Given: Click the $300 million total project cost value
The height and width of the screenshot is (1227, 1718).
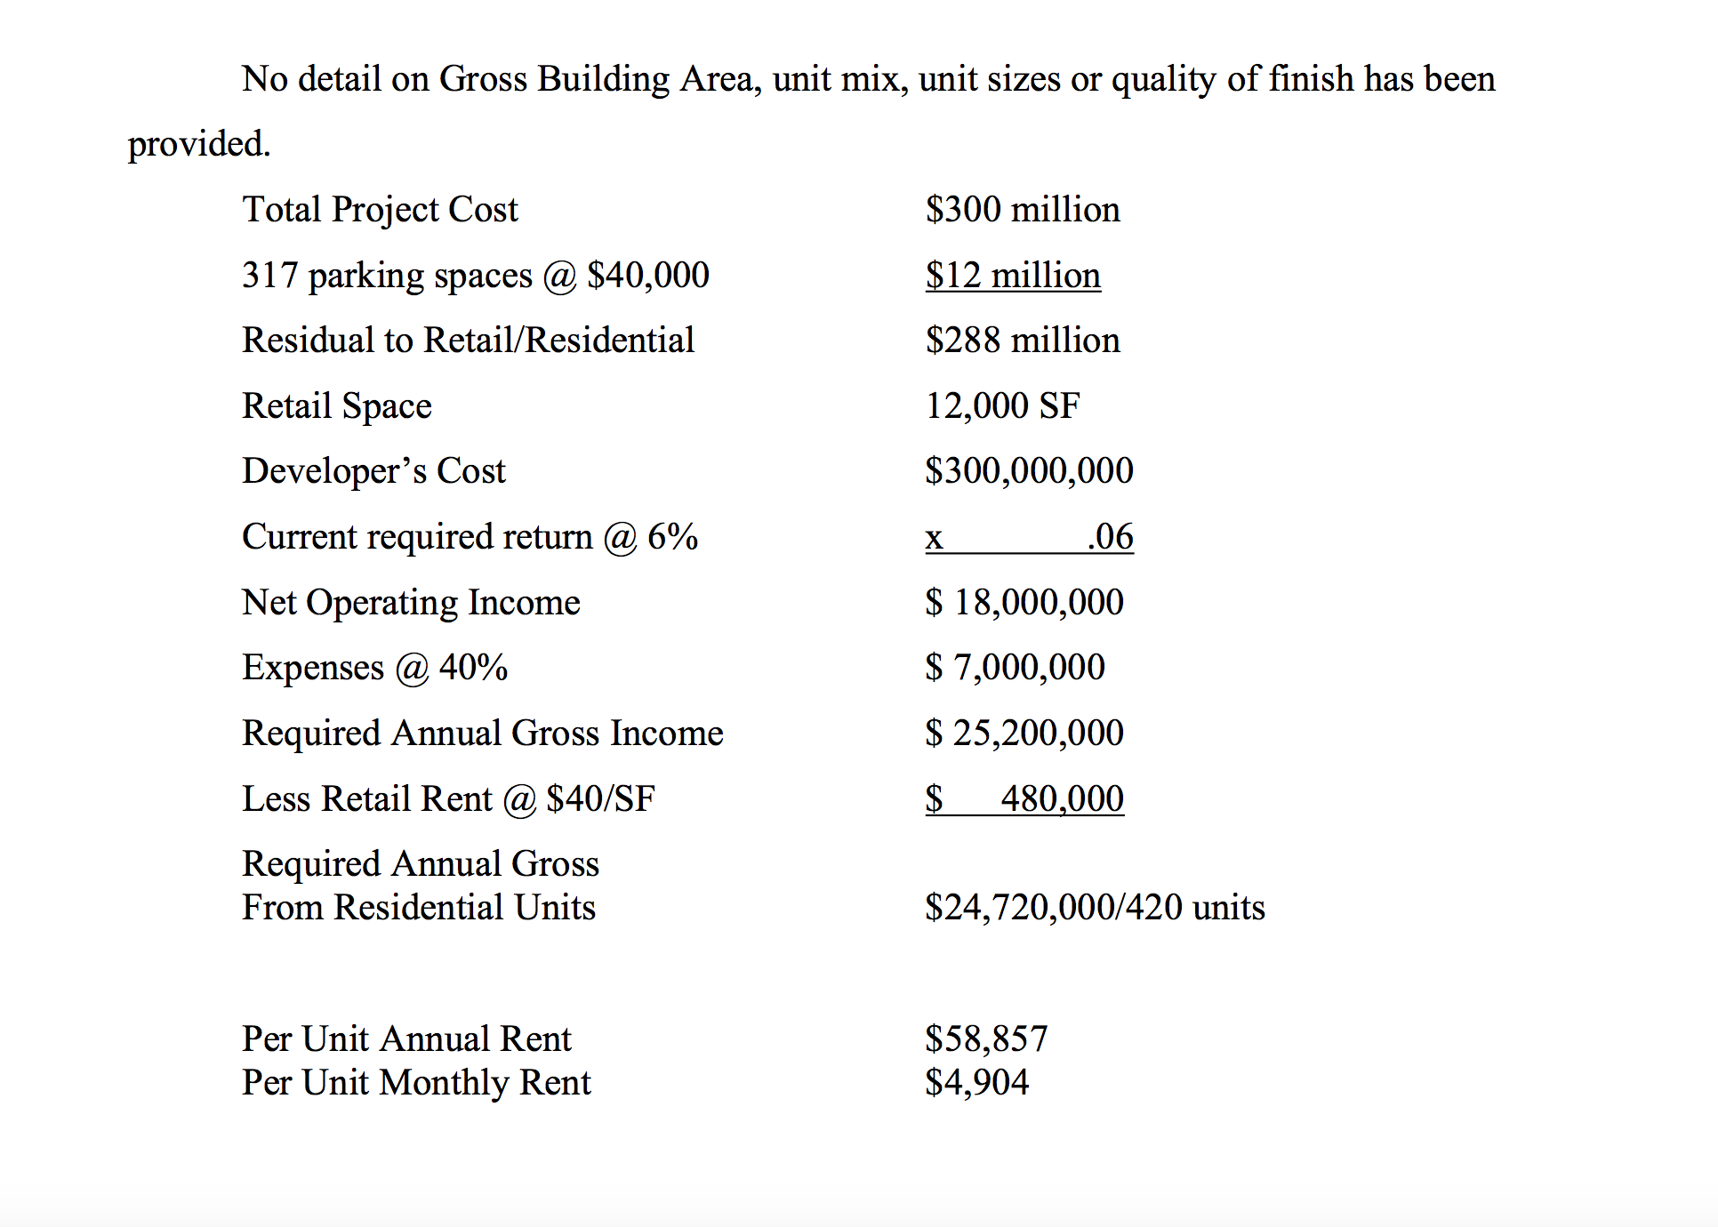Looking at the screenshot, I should pos(1022,210).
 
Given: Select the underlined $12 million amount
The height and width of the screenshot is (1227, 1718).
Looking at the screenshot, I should pos(1012,276).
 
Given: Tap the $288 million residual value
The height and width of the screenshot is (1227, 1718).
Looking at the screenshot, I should pos(1022,341).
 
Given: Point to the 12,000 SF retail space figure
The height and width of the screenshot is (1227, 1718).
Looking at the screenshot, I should pos(1002,406).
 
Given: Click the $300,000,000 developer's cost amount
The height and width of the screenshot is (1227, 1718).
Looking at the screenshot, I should pos(1029,471).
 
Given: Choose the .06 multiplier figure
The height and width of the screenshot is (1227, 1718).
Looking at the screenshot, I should pos(1110,537).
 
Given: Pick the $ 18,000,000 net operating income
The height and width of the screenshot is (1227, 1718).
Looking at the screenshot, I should pos(1024,603).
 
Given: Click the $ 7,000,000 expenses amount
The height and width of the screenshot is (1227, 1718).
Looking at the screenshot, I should pos(1015,668).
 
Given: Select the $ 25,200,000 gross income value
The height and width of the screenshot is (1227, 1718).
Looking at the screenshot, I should pos(1024,734).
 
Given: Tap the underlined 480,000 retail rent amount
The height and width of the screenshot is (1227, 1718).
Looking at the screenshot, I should pos(1061,799).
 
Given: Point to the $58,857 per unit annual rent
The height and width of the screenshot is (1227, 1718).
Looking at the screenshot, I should pos(986,1039).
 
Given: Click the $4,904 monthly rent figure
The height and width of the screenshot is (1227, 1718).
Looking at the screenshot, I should pos(976,1082).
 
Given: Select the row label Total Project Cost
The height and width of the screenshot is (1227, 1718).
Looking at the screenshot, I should pos(380,210).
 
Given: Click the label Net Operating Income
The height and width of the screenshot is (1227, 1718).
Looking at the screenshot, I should pos(411,603).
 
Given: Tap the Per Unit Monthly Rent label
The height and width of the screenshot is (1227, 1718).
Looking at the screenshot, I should pos(416,1082).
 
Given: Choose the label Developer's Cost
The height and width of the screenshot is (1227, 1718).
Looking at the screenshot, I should pos(373,471).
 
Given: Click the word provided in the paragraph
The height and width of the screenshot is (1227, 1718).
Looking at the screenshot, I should pos(198,144).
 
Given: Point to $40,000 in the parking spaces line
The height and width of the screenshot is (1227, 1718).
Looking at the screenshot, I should pos(647,276).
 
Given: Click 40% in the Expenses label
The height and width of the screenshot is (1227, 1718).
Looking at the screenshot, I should pos(473,668).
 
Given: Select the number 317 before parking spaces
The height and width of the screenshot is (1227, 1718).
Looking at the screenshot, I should pos(269,276).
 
